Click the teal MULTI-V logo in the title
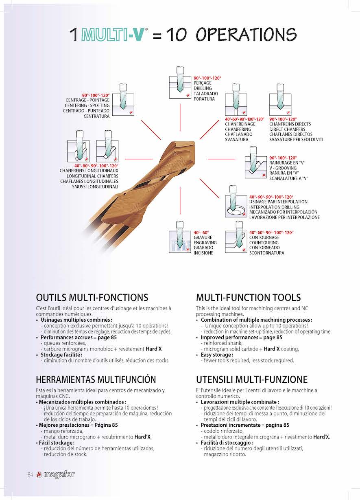pyautogui.click(x=113, y=34)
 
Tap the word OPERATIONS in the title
pyautogui.click(x=246, y=34)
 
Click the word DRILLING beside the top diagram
pyautogui.click(x=203, y=88)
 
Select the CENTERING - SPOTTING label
pyautogui.click(x=87, y=105)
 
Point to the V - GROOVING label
pyautogui.click(x=283, y=168)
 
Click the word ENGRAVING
pyautogui.click(x=205, y=242)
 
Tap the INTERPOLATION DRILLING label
pyautogui.click(x=274, y=207)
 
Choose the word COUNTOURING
pyautogui.click(x=264, y=242)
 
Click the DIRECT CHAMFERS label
pyautogui.click(x=287, y=129)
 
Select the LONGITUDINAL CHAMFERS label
pyautogui.click(x=92, y=176)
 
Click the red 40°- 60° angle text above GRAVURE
pyautogui.click(x=201, y=232)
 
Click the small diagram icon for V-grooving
pyautogui.click(x=255, y=162)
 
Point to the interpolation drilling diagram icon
pyautogui.click(x=236, y=201)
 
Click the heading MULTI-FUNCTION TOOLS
pyautogui.click(x=248, y=297)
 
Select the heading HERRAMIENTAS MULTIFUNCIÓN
pyautogui.click(x=96, y=379)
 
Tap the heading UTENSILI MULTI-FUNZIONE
pyautogui.click(x=252, y=379)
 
